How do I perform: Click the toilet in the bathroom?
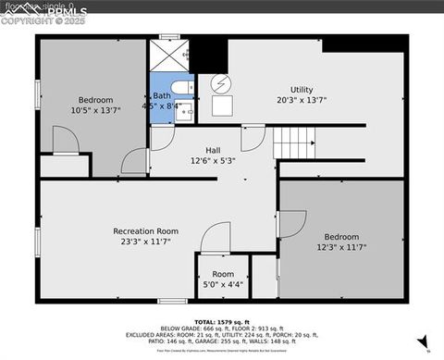click(x=184, y=88)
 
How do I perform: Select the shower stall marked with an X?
click(x=168, y=56)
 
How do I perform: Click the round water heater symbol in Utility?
click(x=221, y=83)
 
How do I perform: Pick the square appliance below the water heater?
click(x=222, y=106)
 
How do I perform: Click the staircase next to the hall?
click(x=295, y=143)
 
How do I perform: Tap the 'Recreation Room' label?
click(x=145, y=230)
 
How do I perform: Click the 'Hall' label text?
click(x=212, y=150)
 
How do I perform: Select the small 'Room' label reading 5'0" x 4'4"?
click(x=223, y=274)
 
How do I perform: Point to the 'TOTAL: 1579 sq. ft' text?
click(x=222, y=320)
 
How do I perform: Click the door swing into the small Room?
click(x=216, y=236)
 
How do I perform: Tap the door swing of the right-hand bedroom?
click(x=291, y=223)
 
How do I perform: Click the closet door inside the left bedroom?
click(x=65, y=141)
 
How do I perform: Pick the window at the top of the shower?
click(x=168, y=37)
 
